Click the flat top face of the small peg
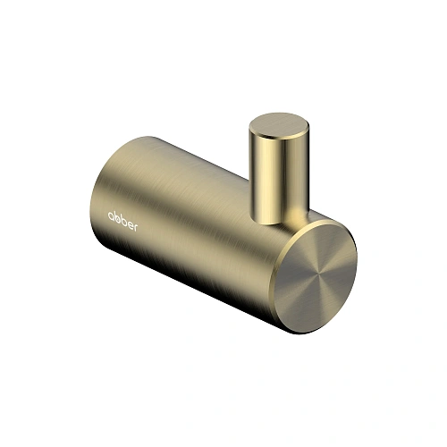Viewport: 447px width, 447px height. [274, 124]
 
